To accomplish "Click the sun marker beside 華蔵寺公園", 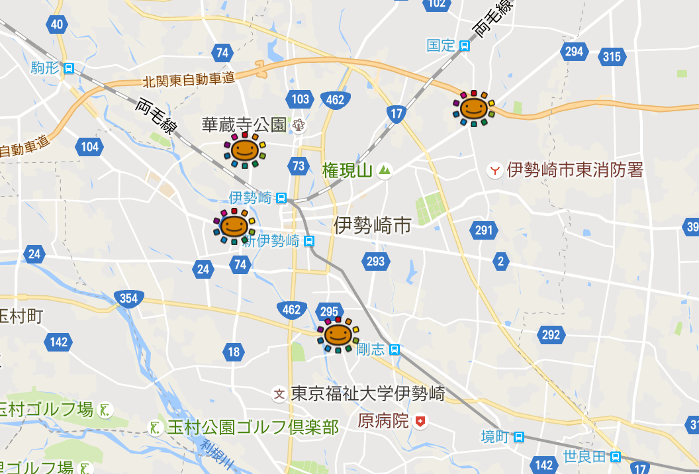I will tap(244, 149).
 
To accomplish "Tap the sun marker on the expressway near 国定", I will tap(473, 107).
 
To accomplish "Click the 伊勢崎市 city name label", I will tap(372, 225).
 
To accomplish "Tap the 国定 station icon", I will tap(465, 46).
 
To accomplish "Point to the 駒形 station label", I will tap(44, 68).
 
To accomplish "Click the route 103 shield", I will tap(300, 99).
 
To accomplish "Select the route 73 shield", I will tap(299, 166).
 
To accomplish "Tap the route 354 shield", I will tap(128, 298).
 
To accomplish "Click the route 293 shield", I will tap(375, 261).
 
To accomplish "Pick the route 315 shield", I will tap(612, 57).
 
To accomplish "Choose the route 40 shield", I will tap(57, 25).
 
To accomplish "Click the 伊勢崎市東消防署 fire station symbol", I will tap(494, 171).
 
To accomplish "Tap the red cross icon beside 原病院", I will tap(420, 421).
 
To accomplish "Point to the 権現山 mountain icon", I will tap(385, 171).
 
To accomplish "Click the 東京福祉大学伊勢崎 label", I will tap(368, 393).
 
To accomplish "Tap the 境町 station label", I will tap(494, 437).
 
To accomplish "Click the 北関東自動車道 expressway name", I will tap(189, 79).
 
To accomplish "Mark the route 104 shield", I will tap(89, 146).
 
